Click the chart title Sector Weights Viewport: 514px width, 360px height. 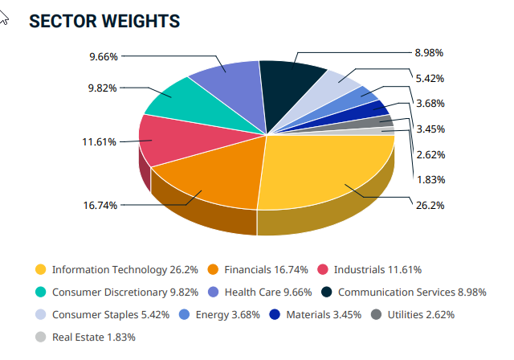pyautogui.click(x=104, y=22)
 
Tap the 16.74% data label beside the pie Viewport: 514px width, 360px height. pyautogui.click(x=100, y=205)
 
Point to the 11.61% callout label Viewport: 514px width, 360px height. pyautogui.click(x=99, y=141)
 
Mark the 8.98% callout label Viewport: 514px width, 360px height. pyautogui.click(x=430, y=52)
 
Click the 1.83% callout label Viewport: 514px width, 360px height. pyautogui.click(x=430, y=179)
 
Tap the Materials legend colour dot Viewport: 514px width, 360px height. pyautogui.click(x=275, y=314)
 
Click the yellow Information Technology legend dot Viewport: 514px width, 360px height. pyautogui.click(x=39, y=269)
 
